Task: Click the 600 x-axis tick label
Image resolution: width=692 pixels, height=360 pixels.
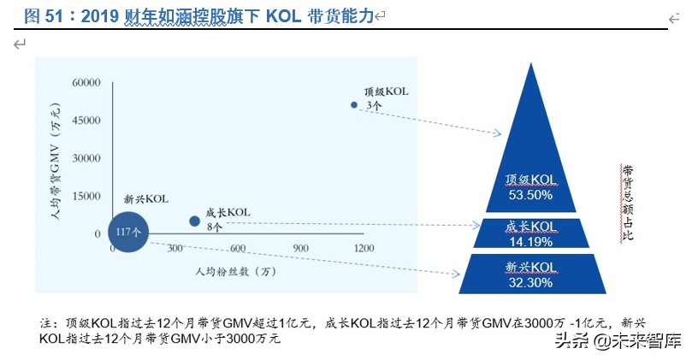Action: [x=238, y=248]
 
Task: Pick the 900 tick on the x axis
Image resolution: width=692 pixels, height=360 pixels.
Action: [x=300, y=248]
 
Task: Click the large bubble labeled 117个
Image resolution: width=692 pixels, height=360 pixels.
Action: [x=128, y=231]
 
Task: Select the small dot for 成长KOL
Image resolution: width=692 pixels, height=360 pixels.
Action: [x=194, y=221]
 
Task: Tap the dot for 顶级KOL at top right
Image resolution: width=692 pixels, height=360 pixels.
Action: [x=353, y=104]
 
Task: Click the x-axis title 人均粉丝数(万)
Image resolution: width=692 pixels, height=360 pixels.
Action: [x=236, y=271]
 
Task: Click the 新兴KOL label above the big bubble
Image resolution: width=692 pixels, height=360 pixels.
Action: [x=146, y=198]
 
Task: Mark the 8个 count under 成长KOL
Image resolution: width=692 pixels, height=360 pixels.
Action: [x=213, y=227]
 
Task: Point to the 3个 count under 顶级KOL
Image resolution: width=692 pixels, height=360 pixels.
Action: [x=373, y=105]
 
